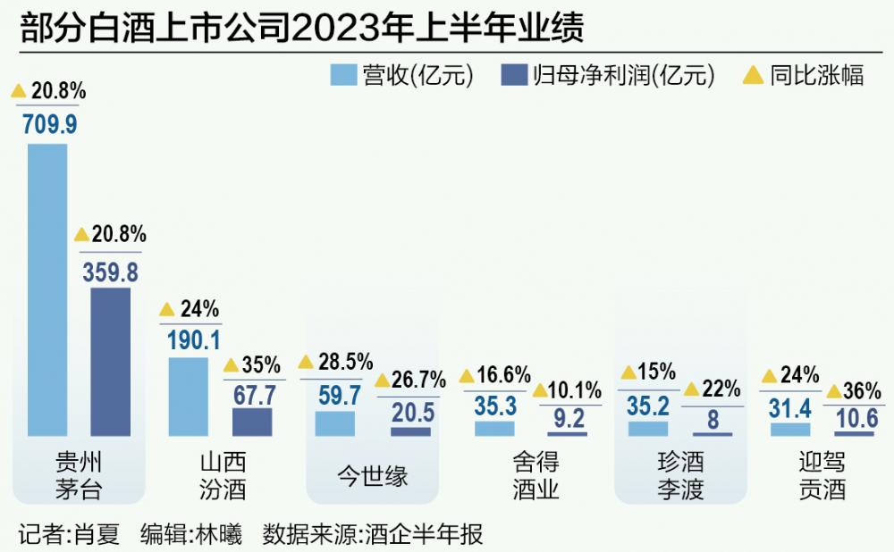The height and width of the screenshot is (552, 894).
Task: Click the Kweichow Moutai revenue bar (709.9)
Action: point(47,289)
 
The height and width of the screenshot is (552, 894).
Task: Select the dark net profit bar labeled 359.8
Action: point(110,362)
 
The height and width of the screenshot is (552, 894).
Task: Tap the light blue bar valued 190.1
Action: point(189,397)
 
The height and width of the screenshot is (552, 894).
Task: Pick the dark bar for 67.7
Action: point(251,422)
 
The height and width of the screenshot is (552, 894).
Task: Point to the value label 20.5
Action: point(411,413)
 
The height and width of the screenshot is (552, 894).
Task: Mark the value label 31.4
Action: point(790,406)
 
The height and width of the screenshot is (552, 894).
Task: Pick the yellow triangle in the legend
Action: point(754,75)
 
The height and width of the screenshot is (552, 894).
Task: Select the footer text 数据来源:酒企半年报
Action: point(373,534)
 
